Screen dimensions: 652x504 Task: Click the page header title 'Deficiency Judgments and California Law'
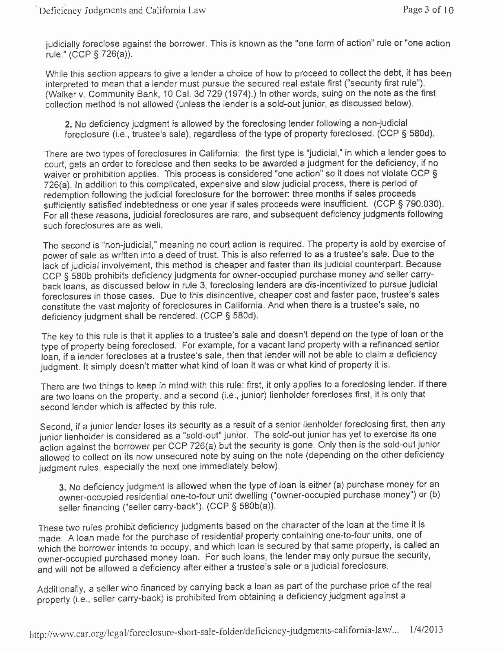coord(122,10)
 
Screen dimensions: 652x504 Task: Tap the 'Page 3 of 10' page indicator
coord(428,10)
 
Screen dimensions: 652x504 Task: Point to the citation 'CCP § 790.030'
coord(409,203)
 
